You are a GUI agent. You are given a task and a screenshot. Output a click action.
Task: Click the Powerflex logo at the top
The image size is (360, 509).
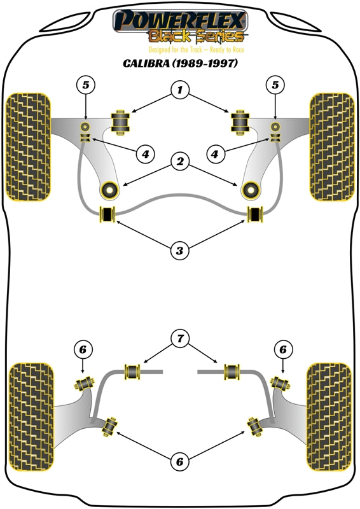[180, 27]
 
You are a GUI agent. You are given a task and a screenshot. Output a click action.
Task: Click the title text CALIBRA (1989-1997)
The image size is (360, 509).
[180, 63]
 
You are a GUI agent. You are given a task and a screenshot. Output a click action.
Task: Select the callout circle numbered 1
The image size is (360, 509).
[180, 90]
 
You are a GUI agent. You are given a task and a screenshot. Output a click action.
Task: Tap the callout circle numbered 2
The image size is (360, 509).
[180, 162]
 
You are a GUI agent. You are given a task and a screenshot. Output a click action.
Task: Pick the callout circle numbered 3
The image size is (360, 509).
[180, 250]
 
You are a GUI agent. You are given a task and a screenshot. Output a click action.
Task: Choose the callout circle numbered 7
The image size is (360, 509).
[180, 339]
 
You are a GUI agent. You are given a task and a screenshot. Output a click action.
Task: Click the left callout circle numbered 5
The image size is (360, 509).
[85, 85]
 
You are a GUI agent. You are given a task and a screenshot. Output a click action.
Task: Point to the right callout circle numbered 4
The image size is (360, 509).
[215, 154]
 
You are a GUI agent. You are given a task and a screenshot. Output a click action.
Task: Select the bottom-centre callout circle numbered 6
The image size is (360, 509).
[180, 461]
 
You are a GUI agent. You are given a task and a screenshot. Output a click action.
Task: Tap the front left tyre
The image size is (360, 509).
[29, 147]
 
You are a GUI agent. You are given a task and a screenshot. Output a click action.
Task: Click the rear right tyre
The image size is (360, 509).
[329, 417]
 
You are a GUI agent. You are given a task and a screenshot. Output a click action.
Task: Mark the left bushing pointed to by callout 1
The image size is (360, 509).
[120, 122]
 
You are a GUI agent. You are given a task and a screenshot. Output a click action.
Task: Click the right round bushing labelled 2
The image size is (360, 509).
[251, 190]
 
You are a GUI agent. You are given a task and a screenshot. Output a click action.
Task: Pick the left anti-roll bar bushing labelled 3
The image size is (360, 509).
[107, 214]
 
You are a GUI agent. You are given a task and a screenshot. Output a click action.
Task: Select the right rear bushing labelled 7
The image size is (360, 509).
[232, 372]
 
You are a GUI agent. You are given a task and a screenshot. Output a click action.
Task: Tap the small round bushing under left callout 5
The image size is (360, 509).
[85, 126]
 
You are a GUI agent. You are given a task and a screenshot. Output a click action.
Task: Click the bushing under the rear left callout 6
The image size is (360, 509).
[85, 384]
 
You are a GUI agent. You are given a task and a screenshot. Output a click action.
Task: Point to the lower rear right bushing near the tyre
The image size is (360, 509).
[255, 426]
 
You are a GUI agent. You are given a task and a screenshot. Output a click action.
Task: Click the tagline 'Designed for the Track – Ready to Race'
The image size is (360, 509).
[196, 50]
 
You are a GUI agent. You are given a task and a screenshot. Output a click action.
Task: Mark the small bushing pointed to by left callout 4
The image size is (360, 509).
[85, 138]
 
